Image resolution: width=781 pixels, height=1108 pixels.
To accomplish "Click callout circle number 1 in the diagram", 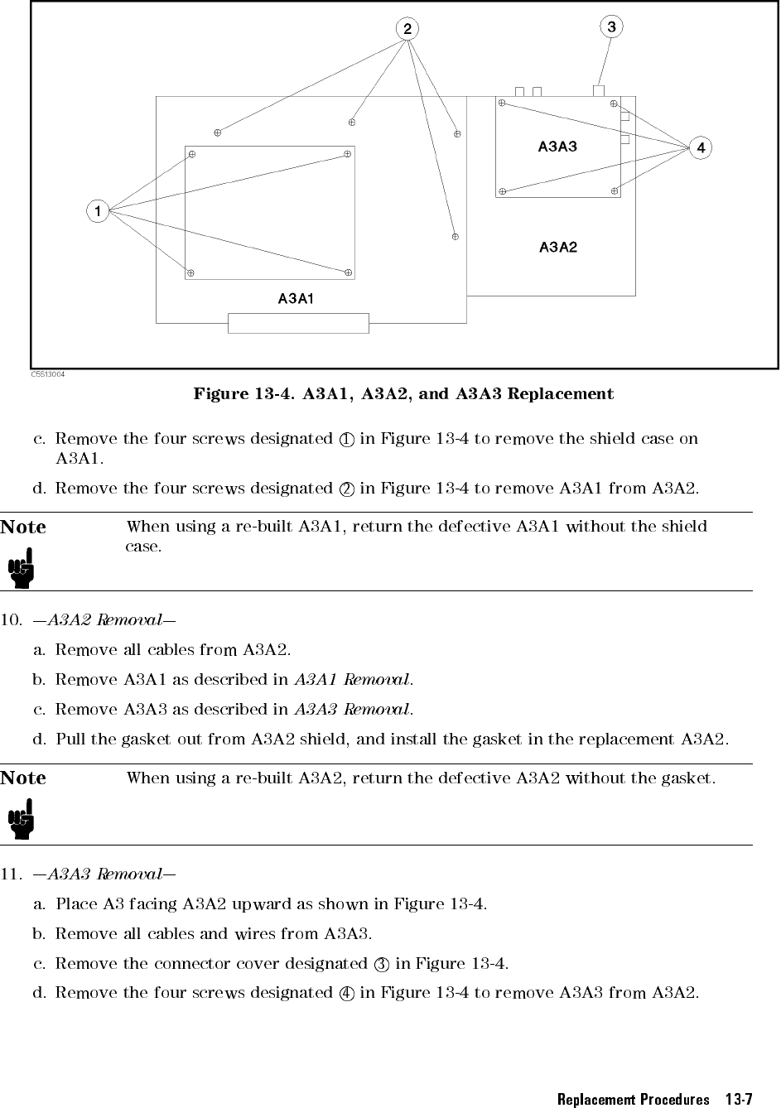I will coord(98,211).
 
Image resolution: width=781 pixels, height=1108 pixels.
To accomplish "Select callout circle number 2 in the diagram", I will coord(407,29).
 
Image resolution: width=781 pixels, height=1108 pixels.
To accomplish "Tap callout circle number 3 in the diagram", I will coord(611,27).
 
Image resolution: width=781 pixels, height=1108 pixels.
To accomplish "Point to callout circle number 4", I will coord(701,148).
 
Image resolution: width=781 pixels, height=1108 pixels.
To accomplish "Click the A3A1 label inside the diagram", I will coord(295,298).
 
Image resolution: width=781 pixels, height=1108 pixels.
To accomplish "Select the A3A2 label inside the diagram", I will coord(557,247).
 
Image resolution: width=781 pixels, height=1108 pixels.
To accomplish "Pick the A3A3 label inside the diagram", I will coord(557,147).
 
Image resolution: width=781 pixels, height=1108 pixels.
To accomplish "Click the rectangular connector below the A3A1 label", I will coord(298,323).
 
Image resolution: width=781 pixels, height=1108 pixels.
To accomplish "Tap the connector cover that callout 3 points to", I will coord(599,90).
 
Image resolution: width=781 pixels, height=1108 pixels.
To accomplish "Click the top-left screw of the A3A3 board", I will coord(502,104).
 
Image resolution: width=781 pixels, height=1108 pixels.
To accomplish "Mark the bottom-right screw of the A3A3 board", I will coord(615,190).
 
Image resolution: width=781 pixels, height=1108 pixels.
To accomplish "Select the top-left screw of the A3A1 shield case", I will coord(191,154).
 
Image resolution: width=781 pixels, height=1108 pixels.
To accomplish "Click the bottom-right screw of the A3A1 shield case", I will coord(349,272).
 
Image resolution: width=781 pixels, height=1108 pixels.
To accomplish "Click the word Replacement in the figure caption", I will coord(560,393).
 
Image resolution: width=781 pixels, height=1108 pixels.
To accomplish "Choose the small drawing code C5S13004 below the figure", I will coord(48,374).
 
